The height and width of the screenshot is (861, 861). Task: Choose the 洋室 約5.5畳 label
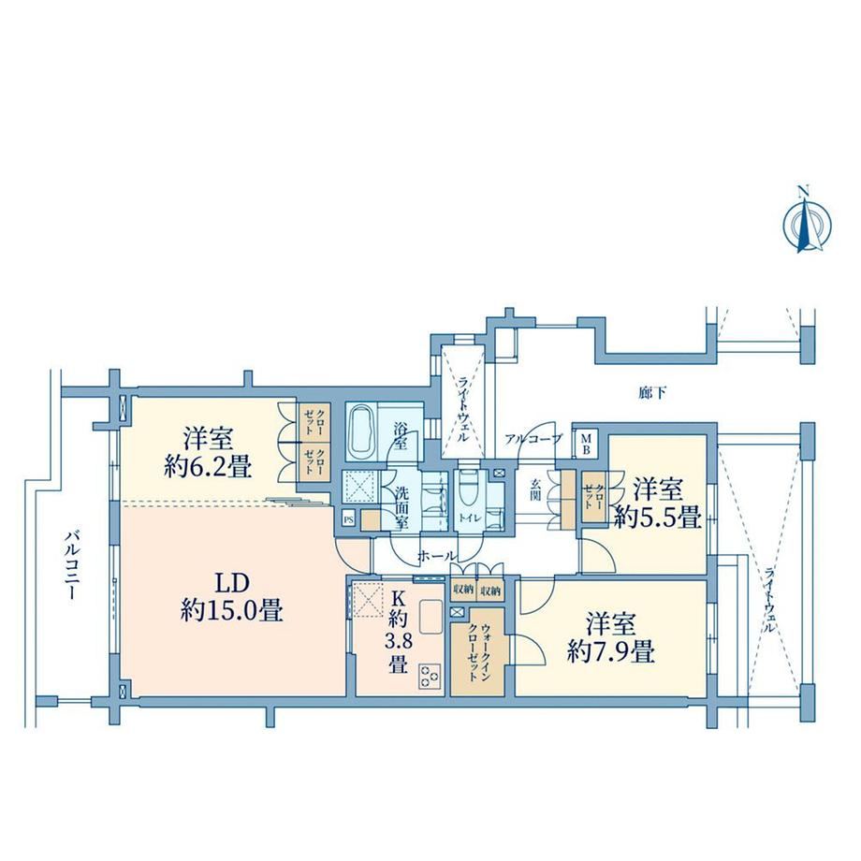tap(658, 503)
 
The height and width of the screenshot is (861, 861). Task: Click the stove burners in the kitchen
tap(429, 676)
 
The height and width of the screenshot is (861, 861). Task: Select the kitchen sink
tap(431, 617)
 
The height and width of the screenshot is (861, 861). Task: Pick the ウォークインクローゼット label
tap(478, 652)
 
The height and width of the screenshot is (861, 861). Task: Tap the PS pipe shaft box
tap(348, 518)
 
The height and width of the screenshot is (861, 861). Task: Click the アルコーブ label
tap(533, 439)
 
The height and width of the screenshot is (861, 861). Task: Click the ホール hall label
tap(436, 556)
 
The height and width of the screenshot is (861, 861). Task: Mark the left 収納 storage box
tap(463, 591)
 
